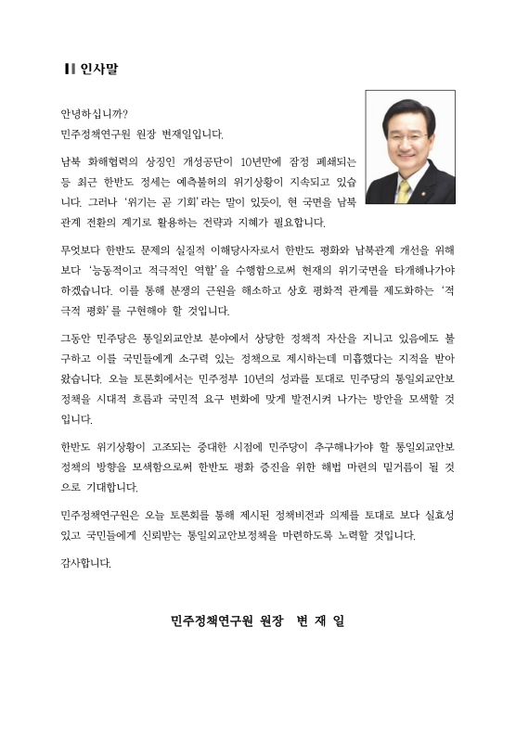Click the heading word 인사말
pyautogui.click(x=97, y=69)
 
